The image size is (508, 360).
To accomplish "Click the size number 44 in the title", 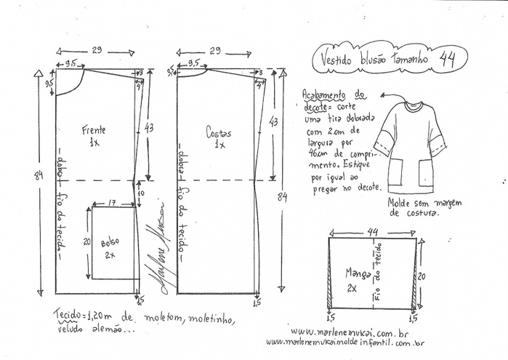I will coord(448,59).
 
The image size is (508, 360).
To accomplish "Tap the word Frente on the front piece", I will coord(94,130).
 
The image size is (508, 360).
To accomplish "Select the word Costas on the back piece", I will coord(218,133).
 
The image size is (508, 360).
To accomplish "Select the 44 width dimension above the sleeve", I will coord(372,231).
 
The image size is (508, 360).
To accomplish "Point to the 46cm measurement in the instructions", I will coord(314,155).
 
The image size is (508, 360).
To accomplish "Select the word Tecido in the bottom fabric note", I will coord(70,316).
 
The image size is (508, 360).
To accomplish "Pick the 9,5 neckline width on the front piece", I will coord(70,64).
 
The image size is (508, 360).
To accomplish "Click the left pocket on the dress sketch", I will coord(397,172).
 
